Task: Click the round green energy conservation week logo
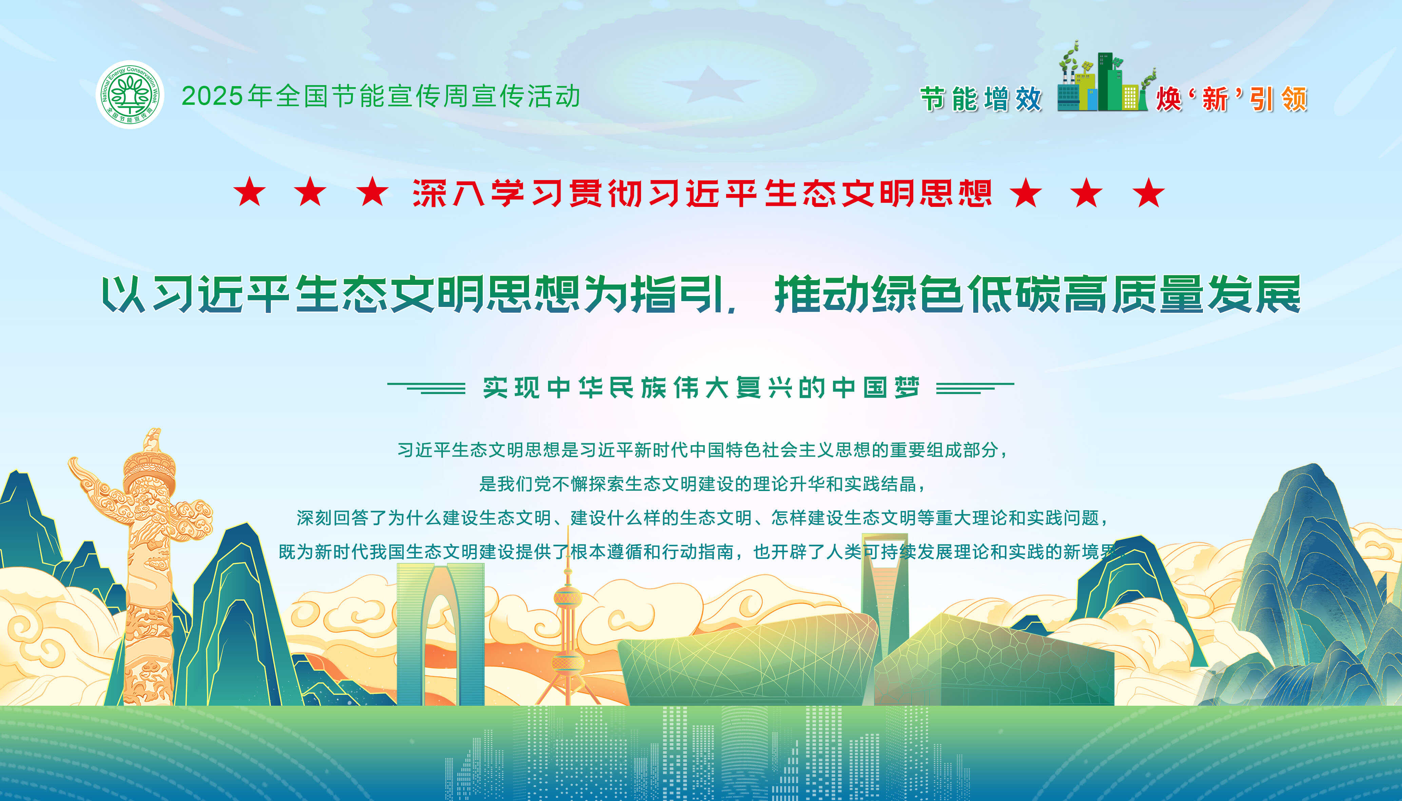tap(130, 95)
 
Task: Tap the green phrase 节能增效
tap(981, 100)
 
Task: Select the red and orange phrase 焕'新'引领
tap(1231, 100)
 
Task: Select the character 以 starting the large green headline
tap(123, 294)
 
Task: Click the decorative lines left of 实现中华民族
tap(426, 388)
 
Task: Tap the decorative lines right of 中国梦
tap(975, 388)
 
